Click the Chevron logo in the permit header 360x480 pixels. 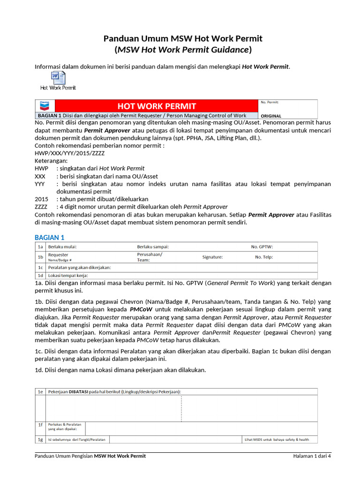(45, 106)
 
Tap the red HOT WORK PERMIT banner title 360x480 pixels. (157, 106)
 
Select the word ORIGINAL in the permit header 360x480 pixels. (271, 115)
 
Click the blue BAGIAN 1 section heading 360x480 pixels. (50, 238)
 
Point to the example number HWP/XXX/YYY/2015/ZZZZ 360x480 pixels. (70, 153)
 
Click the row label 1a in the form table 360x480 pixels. (40, 247)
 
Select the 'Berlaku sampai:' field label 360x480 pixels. (153, 247)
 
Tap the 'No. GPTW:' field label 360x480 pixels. (262, 247)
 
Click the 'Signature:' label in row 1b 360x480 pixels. (212, 257)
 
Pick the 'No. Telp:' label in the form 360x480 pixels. (263, 257)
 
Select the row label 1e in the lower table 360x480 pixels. (40, 391)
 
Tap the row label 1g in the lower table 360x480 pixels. (40, 440)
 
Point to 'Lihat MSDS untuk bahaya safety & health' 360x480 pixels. (277, 440)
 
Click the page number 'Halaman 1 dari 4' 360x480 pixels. (312, 456)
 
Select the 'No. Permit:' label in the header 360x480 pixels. (270, 102)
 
